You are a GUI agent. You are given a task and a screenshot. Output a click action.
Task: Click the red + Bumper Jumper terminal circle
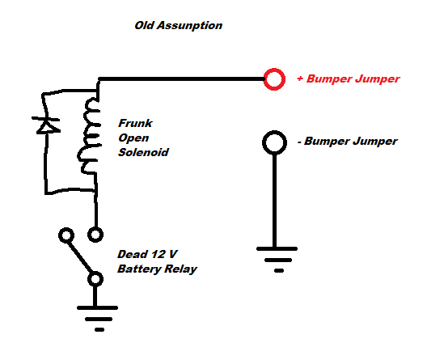coord(274,69)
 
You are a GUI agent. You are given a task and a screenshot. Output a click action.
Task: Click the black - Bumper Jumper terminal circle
coord(274,132)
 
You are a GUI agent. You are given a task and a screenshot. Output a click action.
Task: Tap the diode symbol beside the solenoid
coord(46,125)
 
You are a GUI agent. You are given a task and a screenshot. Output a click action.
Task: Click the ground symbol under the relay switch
coord(97,319)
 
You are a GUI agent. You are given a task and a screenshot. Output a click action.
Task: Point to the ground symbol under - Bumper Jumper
coord(277,260)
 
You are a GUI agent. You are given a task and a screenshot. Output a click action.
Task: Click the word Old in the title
coord(144,25)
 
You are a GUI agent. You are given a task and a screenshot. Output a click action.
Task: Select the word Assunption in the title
coord(189,26)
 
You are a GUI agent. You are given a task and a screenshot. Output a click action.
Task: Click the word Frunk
coord(135,123)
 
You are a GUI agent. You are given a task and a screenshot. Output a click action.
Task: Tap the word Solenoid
coord(143,152)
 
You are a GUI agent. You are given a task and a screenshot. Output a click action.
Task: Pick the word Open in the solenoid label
coord(133,138)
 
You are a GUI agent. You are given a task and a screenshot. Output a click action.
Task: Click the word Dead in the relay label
coord(133,254)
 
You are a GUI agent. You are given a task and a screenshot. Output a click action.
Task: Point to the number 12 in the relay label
coord(158,254)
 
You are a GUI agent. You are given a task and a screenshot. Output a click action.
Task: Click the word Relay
coord(180,269)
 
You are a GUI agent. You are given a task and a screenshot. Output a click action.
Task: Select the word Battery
coord(139,269)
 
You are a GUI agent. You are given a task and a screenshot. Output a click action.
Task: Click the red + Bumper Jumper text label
coord(349,79)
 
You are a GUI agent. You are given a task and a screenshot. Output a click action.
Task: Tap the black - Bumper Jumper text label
coord(348,142)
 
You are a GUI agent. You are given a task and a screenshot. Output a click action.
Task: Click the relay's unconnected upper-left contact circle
coord(66,229)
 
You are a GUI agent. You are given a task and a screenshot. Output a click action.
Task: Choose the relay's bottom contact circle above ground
coord(95,273)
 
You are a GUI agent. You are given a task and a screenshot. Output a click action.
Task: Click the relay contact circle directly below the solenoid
coord(95,228)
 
